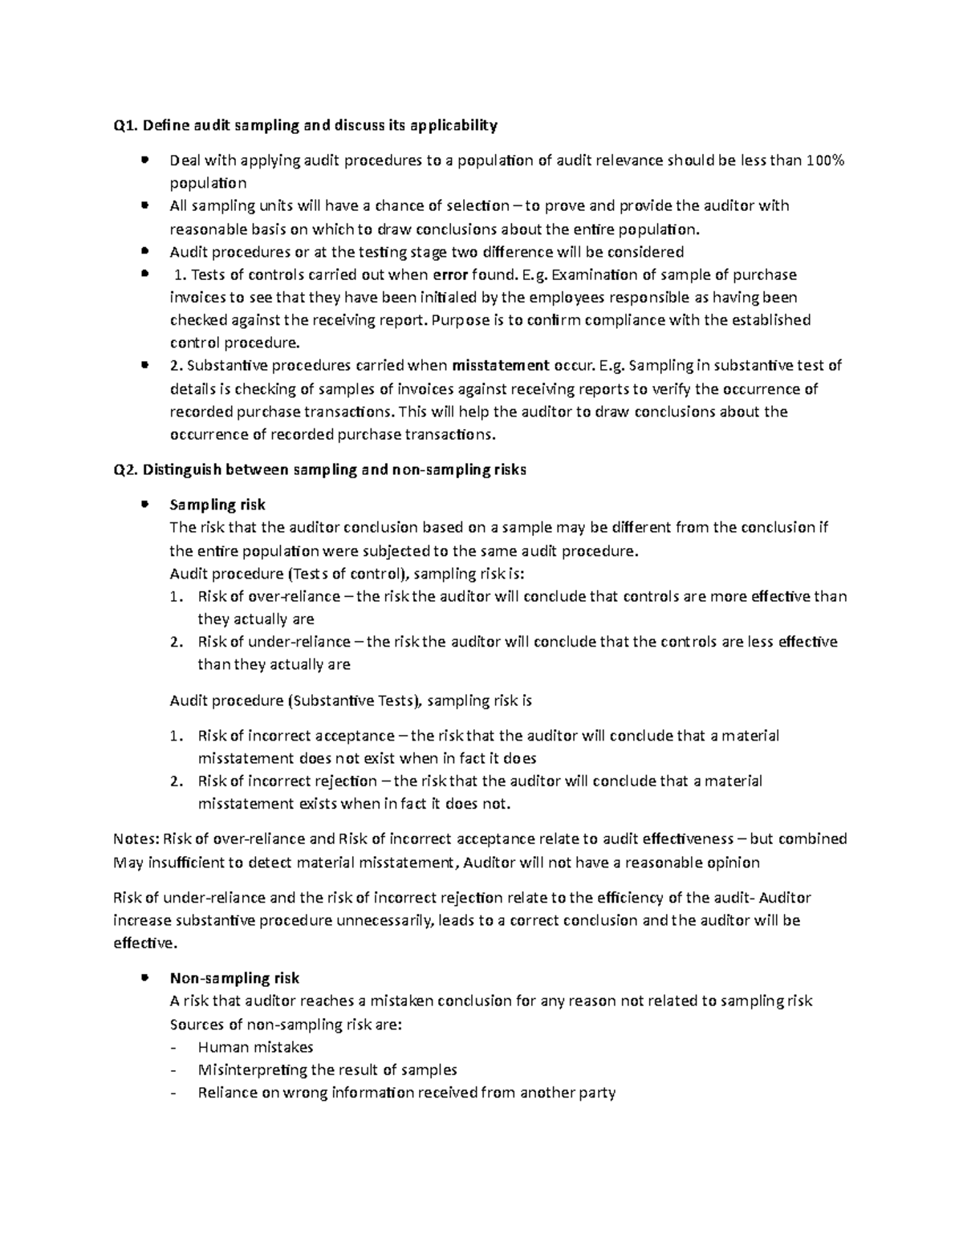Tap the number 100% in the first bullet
point(826,160)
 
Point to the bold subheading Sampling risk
point(217,505)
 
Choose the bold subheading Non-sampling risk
point(234,978)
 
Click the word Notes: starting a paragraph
point(136,839)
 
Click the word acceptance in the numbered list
point(355,736)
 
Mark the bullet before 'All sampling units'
point(144,205)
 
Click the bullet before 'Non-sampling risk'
point(144,977)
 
